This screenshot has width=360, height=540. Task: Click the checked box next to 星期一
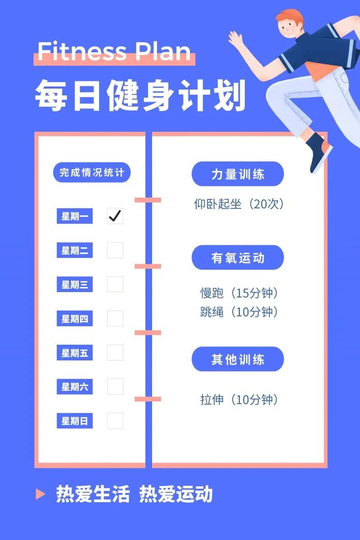pos(115,216)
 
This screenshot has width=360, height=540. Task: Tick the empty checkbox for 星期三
pos(115,284)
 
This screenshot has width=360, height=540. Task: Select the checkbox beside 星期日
pos(115,421)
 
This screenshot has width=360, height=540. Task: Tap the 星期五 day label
pos(75,353)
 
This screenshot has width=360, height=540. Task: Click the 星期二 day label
pos(75,251)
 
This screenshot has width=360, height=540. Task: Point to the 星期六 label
pos(75,387)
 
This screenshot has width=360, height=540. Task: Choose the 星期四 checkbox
pos(115,319)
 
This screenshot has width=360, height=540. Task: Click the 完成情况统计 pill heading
pos(92,173)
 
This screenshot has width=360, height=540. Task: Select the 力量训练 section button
pos(238,174)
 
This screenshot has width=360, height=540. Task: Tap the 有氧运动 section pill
pos(238,258)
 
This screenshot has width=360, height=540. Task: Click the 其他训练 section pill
pos(238,360)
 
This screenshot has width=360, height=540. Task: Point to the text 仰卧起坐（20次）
pos(239,204)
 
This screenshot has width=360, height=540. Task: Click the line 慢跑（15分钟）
pos(239,293)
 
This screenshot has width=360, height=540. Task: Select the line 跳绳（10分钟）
pos(239,311)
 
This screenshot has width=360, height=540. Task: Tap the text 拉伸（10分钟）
pos(239,399)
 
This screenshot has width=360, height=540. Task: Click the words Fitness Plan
pos(114,52)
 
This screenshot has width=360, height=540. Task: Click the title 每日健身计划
pos(140,95)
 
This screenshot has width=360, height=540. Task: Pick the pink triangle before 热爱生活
pos(40,494)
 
